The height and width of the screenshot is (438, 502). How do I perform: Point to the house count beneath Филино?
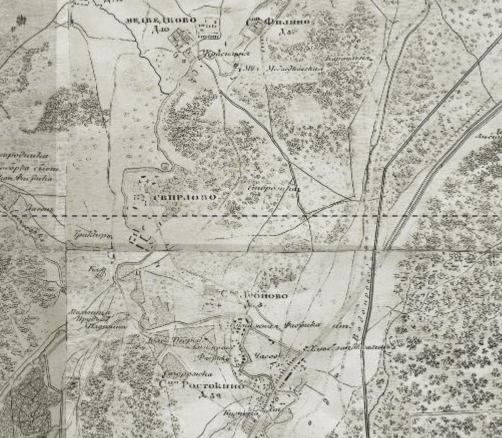286,32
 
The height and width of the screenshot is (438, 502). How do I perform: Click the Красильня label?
218,53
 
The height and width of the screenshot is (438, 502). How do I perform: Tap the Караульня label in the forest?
349,59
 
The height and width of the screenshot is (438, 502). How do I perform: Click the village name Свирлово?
186,197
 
